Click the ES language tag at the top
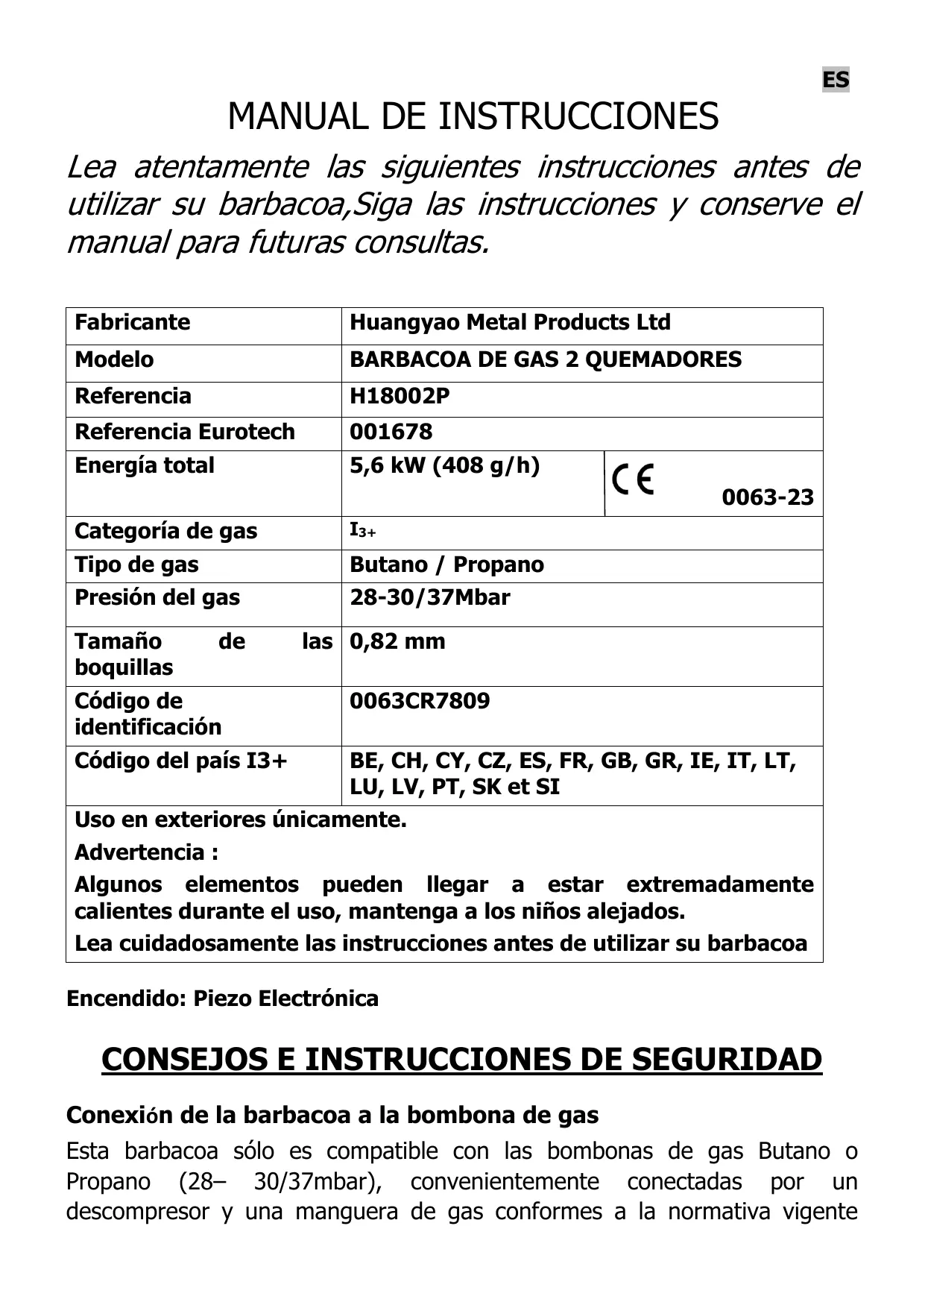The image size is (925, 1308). [x=835, y=80]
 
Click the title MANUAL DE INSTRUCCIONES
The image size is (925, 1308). [x=473, y=116]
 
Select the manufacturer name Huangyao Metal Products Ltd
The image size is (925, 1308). [x=510, y=322]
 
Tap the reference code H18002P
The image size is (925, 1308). [x=400, y=396]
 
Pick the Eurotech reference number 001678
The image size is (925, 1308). [x=391, y=431]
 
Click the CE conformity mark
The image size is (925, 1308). [x=632, y=479]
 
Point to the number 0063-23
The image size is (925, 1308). [x=767, y=497]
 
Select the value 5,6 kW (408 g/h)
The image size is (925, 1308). [x=444, y=465]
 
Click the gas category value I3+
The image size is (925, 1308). [x=363, y=531]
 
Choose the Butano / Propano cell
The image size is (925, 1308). [x=446, y=565]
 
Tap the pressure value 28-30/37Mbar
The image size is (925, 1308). [x=429, y=597]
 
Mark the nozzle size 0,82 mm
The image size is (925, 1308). [x=397, y=641]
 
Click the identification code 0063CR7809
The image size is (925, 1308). [x=420, y=701]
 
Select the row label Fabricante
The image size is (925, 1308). [x=132, y=322]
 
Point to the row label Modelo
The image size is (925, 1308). [x=114, y=359]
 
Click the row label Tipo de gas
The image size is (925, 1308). [x=136, y=565]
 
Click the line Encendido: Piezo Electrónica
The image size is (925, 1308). [x=222, y=998]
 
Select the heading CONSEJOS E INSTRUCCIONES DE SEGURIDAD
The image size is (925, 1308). [x=461, y=1059]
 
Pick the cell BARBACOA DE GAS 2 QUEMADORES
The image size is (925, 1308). [x=546, y=359]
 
